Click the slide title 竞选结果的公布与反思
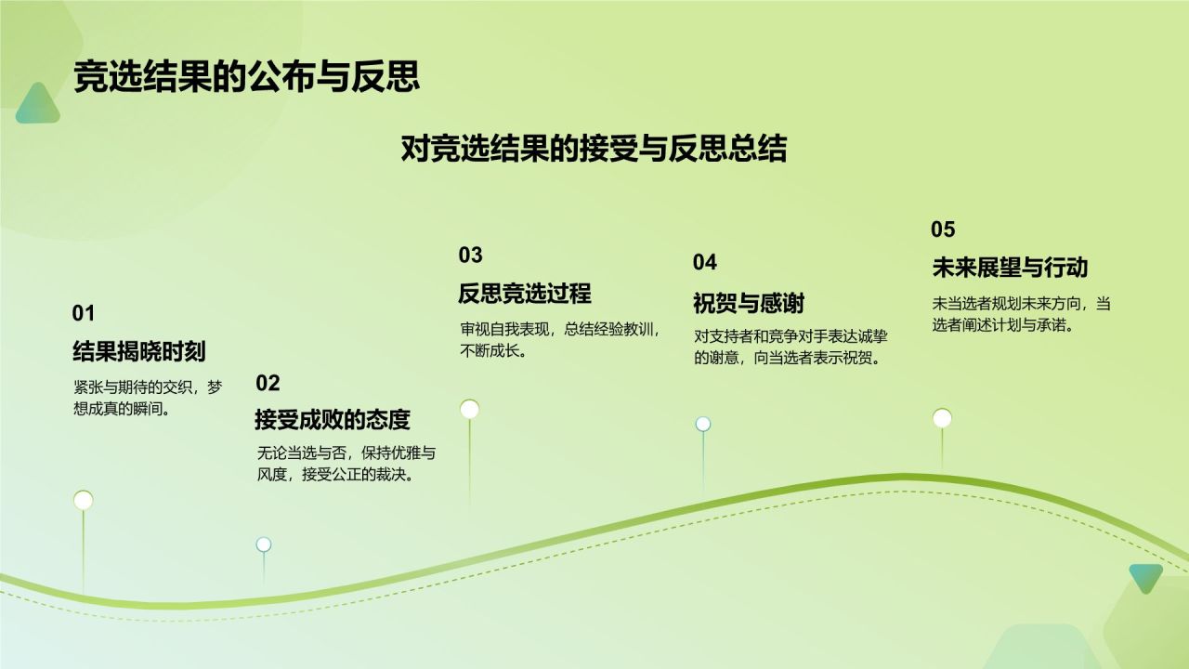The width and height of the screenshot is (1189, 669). pyautogui.click(x=247, y=77)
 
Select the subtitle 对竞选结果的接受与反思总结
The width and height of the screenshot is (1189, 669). pyautogui.click(x=594, y=148)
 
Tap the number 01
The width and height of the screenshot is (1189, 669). pyautogui.click(x=84, y=313)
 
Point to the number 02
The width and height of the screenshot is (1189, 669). pyautogui.click(x=268, y=384)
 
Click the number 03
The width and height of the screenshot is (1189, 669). pyautogui.click(x=470, y=256)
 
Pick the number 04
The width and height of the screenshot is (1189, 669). pyautogui.click(x=704, y=262)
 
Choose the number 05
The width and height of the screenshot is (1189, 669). pyautogui.click(x=943, y=230)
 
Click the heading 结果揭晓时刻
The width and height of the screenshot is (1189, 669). pyautogui.click(x=139, y=351)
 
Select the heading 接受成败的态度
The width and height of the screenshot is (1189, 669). pyautogui.click(x=333, y=420)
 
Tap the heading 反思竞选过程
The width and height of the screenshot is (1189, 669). pyautogui.click(x=525, y=294)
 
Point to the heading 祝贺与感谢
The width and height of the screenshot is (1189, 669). pyautogui.click(x=749, y=303)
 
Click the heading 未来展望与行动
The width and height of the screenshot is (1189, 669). pyautogui.click(x=1010, y=268)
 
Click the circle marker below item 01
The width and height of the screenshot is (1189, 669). pyautogui.click(x=84, y=500)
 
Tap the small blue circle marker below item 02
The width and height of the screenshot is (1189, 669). pyautogui.click(x=264, y=544)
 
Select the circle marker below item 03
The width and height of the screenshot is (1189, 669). pyautogui.click(x=470, y=410)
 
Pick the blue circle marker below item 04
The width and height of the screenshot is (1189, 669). pyautogui.click(x=703, y=424)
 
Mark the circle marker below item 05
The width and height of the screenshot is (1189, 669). pyautogui.click(x=942, y=418)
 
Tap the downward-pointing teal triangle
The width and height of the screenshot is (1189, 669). pyautogui.click(x=1146, y=578)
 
